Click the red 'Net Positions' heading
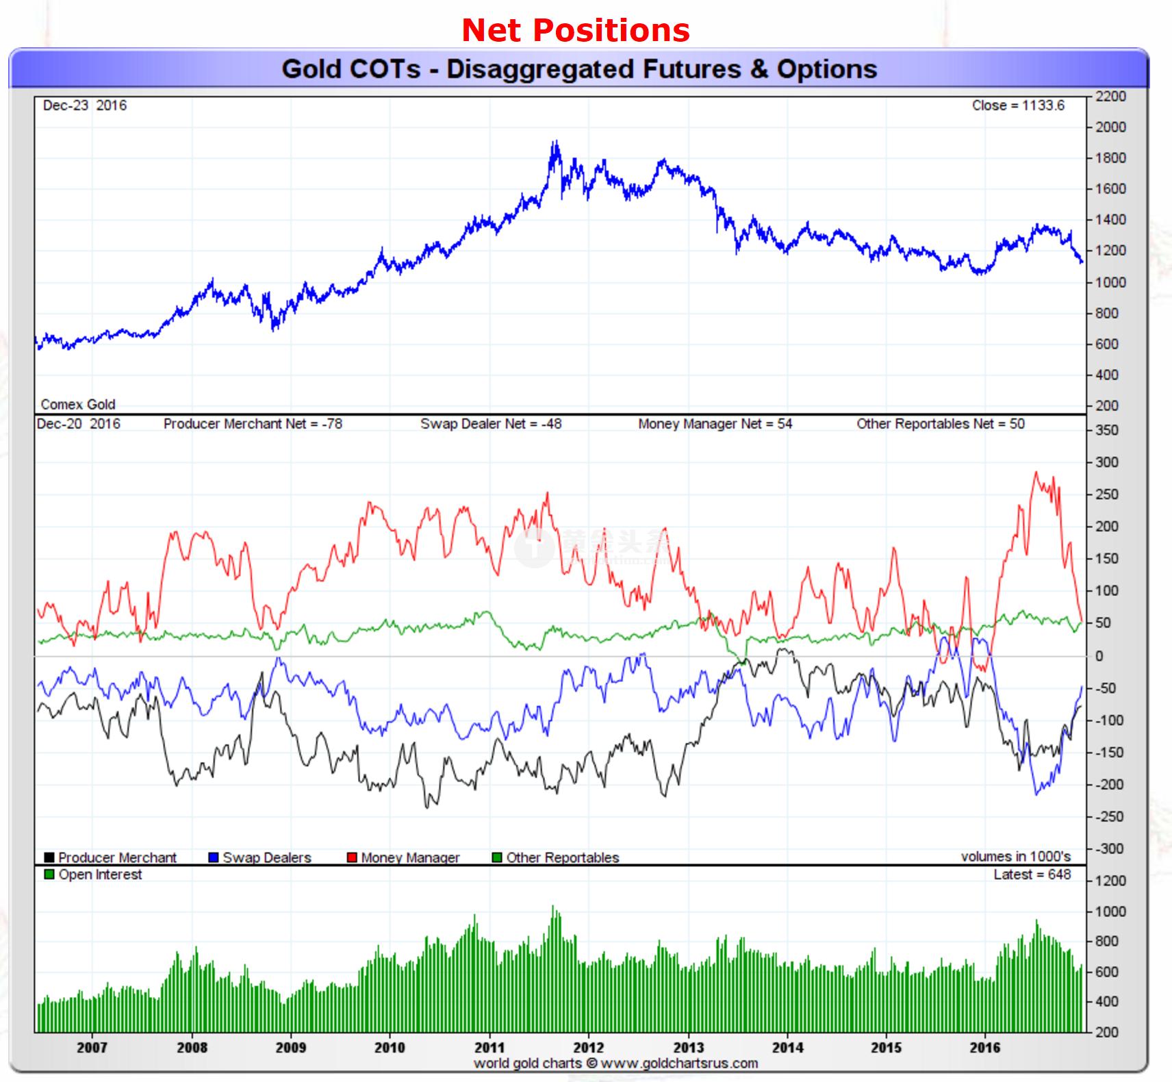pos(576,30)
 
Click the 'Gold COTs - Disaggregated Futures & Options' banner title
pos(579,69)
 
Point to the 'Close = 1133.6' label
pos(1018,105)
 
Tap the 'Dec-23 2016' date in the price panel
pos(84,105)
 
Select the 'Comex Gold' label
pos(78,404)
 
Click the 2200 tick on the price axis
pos(1110,97)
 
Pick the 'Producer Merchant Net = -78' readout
pos(253,424)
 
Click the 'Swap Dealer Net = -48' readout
pos(491,424)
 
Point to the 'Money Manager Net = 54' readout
pos(715,424)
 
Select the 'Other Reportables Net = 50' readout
pos(941,424)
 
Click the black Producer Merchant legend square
pos(49,857)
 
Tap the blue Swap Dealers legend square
pos(214,857)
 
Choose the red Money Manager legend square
pos(352,857)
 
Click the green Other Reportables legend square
pos(497,857)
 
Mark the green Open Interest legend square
pos(49,875)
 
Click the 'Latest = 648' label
pos(1032,875)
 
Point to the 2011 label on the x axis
pos(489,1047)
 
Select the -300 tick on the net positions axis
pos(1109,848)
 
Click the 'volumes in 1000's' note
pos(1015,857)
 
